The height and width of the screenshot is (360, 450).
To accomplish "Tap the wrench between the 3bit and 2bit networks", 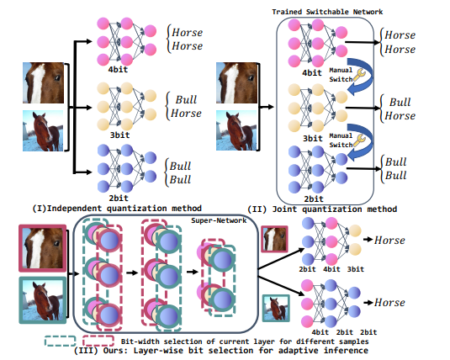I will pos(360,142).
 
